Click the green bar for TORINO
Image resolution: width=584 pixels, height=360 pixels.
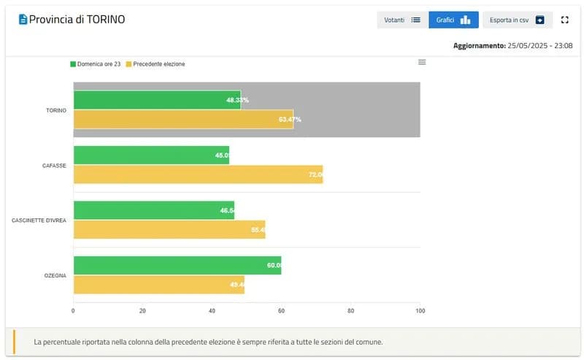[x=157, y=100]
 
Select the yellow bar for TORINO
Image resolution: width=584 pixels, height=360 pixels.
[x=183, y=119]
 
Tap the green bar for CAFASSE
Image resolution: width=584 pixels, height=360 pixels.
[x=151, y=155]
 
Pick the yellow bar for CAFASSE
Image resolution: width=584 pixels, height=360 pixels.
[x=198, y=175]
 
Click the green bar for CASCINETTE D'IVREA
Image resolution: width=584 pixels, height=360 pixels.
[x=154, y=210]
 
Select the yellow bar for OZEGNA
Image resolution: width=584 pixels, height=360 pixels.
[x=158, y=285]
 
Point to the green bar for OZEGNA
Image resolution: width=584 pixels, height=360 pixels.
[x=177, y=265]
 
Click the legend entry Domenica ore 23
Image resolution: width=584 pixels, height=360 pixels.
[x=95, y=64]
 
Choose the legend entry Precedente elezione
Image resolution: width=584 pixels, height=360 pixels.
[x=155, y=64]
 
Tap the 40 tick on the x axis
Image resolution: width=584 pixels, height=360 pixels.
[x=212, y=310]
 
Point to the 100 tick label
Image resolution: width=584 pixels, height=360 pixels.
[x=420, y=310]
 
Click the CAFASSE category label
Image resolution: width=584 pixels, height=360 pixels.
[x=54, y=166]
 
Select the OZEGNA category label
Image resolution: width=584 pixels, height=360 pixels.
[x=55, y=275]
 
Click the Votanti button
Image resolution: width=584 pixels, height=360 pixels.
[x=402, y=20]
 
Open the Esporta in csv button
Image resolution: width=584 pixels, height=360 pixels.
[x=517, y=20]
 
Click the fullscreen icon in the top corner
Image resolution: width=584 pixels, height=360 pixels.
[x=564, y=20]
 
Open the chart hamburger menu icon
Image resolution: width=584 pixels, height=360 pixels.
[x=422, y=62]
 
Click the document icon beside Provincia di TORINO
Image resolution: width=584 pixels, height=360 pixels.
[x=23, y=20]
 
